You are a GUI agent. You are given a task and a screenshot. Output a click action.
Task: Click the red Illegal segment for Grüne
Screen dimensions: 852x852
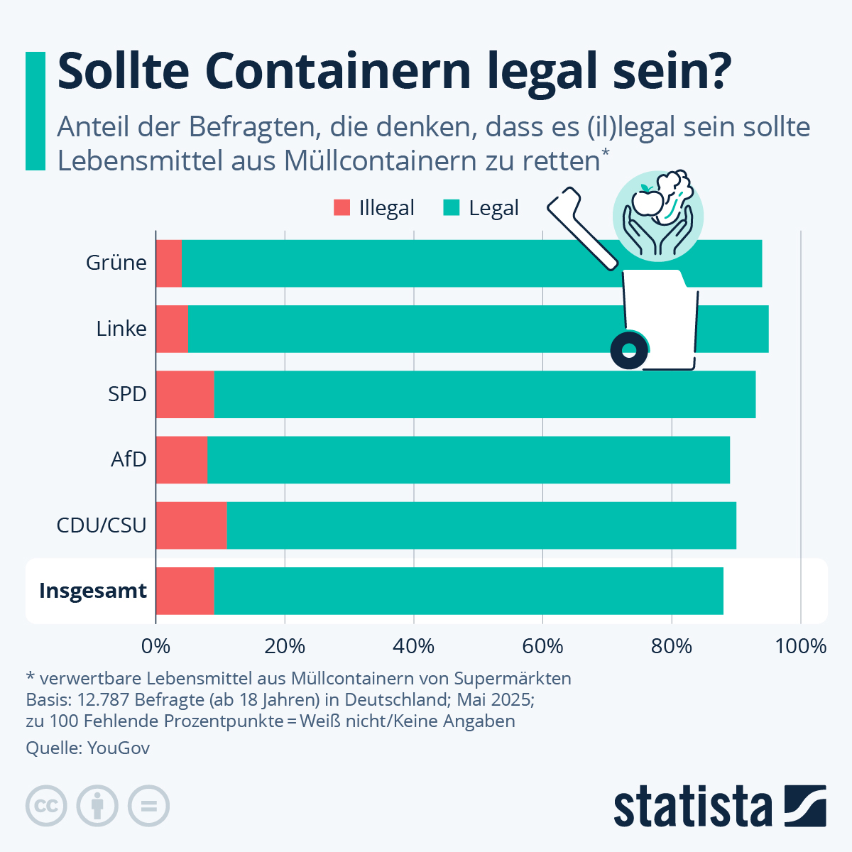tap(168, 263)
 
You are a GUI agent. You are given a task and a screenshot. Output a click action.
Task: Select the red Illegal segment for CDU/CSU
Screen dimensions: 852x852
tap(191, 525)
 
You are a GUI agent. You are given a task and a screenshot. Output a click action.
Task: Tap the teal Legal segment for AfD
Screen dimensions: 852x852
tap(469, 460)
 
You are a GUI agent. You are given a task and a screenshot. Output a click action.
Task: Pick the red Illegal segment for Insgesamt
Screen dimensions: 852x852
tap(185, 591)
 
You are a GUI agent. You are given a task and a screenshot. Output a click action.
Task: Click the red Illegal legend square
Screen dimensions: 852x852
tap(342, 208)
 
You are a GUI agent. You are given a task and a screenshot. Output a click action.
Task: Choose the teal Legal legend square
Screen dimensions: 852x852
tap(452, 208)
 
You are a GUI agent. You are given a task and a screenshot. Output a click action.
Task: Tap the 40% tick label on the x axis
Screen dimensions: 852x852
tap(414, 646)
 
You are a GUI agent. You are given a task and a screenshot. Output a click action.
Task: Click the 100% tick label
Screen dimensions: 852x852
tap(800, 646)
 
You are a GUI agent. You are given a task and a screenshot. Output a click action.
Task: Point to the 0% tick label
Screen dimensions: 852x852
tap(155, 646)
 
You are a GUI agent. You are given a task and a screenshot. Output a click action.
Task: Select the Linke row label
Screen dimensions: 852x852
tap(121, 329)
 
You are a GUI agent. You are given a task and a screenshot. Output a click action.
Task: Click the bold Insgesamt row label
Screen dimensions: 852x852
tap(93, 591)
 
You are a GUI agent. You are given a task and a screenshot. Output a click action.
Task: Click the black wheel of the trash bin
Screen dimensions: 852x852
tap(629, 350)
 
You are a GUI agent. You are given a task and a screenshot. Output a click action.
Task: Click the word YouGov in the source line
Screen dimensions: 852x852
tap(119, 748)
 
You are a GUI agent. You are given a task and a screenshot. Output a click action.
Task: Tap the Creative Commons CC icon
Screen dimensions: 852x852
tap(46, 806)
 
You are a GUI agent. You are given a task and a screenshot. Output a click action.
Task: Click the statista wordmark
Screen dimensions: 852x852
tap(692, 807)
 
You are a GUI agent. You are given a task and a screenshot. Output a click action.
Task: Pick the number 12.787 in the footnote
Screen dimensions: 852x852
tap(104, 699)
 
